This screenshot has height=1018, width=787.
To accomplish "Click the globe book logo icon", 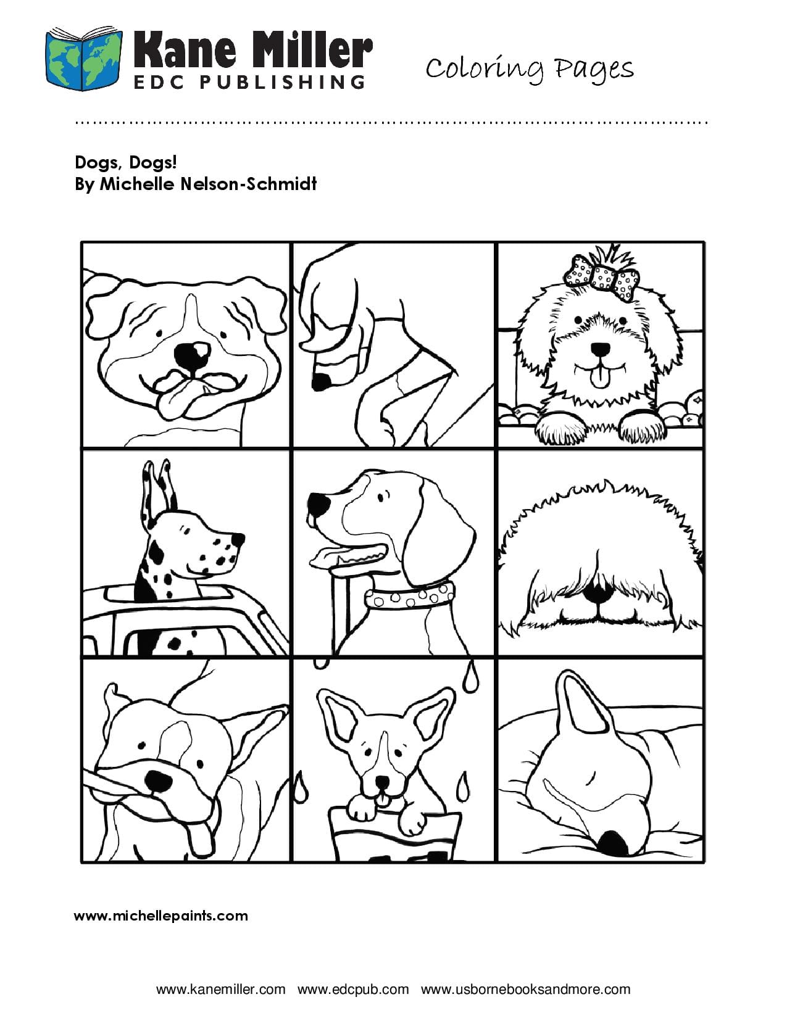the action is pos(84,59).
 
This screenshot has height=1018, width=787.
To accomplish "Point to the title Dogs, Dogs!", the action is pos(126,162).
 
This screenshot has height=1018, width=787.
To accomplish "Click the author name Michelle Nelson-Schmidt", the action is pos(209,184).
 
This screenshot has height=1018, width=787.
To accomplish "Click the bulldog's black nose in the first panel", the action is pos(192,357).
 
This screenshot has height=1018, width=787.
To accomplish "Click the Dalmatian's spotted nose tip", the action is pos(237,539).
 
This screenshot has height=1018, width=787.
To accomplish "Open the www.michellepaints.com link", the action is pos(160,916).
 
